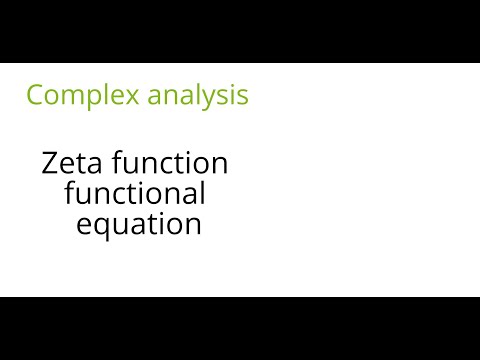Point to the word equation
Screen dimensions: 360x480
click(x=139, y=224)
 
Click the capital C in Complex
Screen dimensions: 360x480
click(x=34, y=95)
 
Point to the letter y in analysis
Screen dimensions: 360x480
click(x=219, y=99)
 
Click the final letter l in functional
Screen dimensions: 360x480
click(x=201, y=191)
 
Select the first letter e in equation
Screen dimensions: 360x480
click(x=86, y=225)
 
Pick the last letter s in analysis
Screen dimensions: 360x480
click(x=243, y=97)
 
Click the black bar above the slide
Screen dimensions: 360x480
click(x=240, y=31)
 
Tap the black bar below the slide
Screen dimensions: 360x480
click(x=240, y=328)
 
